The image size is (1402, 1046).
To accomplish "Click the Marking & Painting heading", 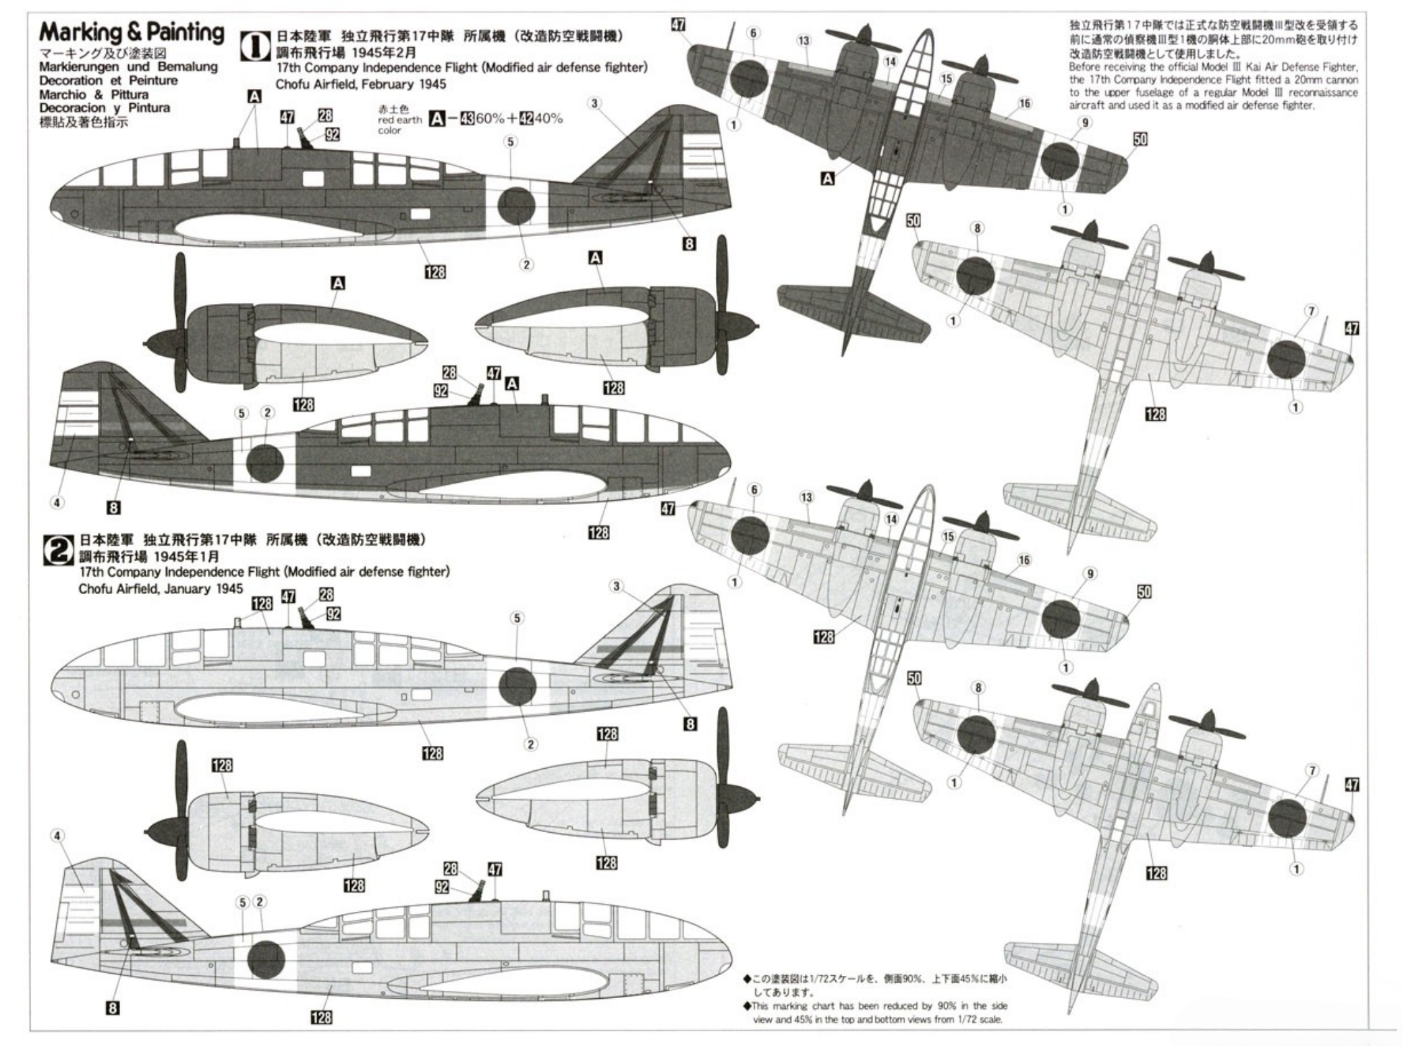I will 132,32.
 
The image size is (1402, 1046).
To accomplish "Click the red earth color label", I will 399,120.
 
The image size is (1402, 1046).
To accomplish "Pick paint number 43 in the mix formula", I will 466,119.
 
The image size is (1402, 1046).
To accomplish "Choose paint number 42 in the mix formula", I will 526,119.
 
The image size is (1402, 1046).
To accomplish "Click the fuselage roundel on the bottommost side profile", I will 266,960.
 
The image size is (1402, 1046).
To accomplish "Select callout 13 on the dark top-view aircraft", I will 804,41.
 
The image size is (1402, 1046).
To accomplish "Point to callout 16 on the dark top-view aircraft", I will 1025,103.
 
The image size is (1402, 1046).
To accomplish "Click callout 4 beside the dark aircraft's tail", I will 57,502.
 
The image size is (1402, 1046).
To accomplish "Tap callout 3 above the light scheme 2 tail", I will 616,586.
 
